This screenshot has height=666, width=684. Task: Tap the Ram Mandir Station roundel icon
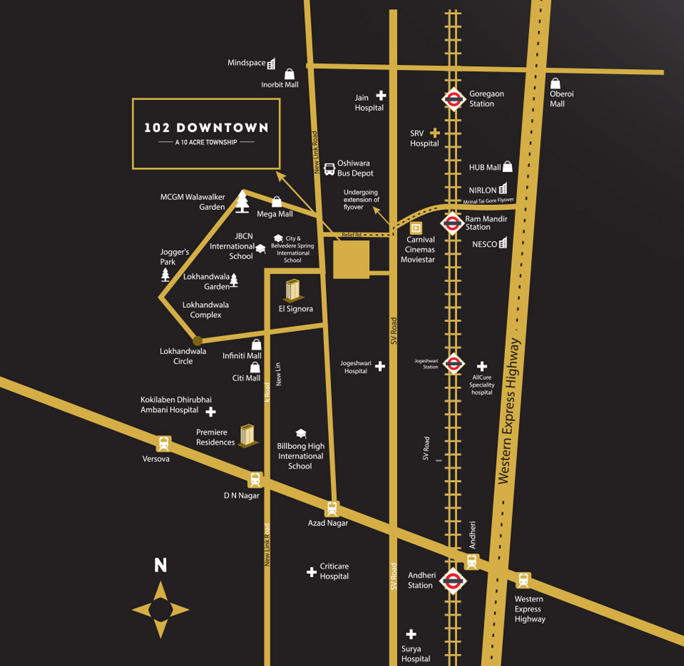452,223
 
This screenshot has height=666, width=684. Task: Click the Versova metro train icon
164,443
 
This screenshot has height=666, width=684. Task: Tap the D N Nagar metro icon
255,480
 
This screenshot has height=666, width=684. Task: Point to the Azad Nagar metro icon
332,508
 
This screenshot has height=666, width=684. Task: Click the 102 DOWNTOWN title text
206,128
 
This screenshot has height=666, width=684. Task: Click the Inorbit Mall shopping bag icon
290,73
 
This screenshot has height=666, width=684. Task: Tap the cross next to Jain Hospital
381,95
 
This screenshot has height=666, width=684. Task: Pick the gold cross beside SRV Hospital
435,132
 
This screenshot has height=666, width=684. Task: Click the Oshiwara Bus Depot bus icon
329,168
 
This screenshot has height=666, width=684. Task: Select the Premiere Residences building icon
247,435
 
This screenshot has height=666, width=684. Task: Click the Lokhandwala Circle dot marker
198,341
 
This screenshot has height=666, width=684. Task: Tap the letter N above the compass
161,565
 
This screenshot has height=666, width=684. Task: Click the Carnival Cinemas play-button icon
416,228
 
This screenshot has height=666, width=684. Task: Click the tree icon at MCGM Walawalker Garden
242,201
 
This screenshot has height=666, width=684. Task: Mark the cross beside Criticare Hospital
311,572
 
